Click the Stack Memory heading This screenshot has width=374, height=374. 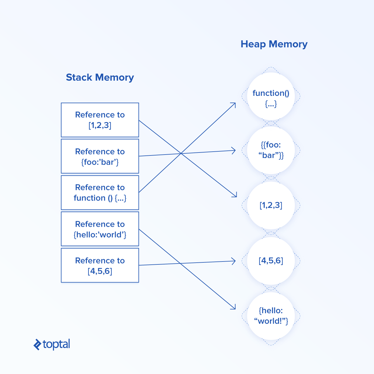pos(100,77)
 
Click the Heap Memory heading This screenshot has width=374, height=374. pos(274,44)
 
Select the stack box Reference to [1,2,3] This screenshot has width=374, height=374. pos(100,120)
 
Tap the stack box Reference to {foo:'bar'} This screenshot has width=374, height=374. pos(100,156)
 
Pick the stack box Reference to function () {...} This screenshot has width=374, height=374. pos(100,193)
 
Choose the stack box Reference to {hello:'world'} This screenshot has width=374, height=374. pos(100,229)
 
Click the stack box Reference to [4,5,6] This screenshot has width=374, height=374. pos(100,265)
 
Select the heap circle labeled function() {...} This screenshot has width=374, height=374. pos(271,96)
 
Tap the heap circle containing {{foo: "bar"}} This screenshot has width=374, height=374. pos(271,150)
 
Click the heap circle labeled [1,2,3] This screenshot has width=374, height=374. pos(271,205)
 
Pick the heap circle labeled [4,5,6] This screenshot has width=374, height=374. pos(271,261)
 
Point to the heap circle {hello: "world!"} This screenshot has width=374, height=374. pos(271,316)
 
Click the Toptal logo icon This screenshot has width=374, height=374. pos(37,345)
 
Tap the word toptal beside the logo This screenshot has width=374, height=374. pos(56,344)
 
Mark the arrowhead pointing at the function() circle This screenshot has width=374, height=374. pos(234,104)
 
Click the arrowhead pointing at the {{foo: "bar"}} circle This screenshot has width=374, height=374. pos(234,150)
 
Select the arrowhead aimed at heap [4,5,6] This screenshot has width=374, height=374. pos(234,261)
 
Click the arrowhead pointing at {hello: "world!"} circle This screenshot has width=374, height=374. pos(234,307)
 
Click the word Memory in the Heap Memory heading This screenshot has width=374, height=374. pos(288,44)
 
